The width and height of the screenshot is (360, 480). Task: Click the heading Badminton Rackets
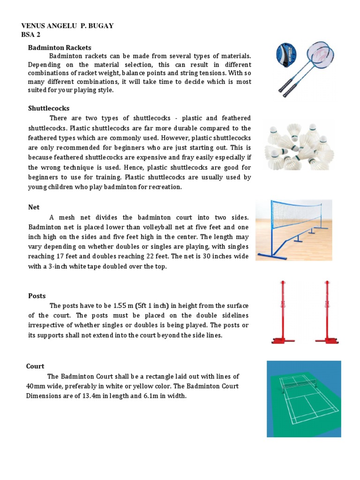click(x=60, y=47)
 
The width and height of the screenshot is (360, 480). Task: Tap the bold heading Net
click(x=34, y=207)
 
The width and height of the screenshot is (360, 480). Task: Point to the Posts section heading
click(x=37, y=296)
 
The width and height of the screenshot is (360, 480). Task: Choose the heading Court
click(x=35, y=366)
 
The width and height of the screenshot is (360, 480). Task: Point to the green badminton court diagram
click(x=304, y=398)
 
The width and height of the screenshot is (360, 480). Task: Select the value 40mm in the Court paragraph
click(x=37, y=386)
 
